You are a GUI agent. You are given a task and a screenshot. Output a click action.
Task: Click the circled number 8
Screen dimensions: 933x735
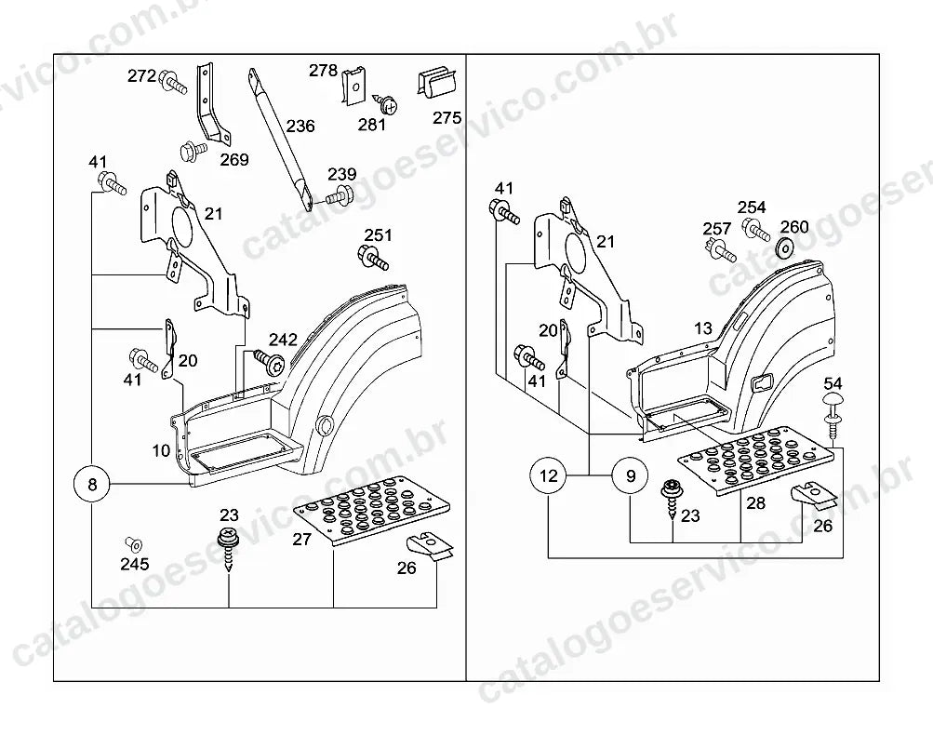coord(92,485)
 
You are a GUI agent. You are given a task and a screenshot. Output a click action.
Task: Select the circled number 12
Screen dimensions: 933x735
coord(549,475)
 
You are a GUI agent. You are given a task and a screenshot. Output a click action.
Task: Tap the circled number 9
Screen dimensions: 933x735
coord(631,475)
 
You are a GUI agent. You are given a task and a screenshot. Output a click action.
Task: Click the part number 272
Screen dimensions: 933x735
coord(141,76)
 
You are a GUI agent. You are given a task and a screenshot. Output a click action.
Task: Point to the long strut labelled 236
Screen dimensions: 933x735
coord(280,140)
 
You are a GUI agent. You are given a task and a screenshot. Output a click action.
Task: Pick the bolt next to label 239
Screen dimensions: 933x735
coord(339,194)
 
